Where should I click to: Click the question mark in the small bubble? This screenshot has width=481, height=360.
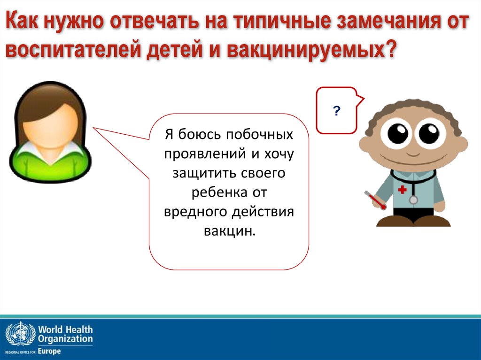(x=336, y=111)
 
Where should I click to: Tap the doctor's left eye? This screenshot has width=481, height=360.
(x=397, y=133)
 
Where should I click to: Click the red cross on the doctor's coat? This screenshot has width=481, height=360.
(x=402, y=190)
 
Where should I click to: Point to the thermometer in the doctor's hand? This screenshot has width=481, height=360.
(x=375, y=200)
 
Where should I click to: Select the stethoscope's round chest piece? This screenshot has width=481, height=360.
(x=413, y=200)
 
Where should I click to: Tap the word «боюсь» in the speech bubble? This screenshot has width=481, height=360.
(x=199, y=134)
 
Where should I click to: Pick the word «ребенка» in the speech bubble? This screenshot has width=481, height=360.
(x=219, y=192)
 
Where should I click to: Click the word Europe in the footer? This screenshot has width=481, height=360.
(x=49, y=351)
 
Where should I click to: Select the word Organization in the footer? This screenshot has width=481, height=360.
(x=65, y=339)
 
